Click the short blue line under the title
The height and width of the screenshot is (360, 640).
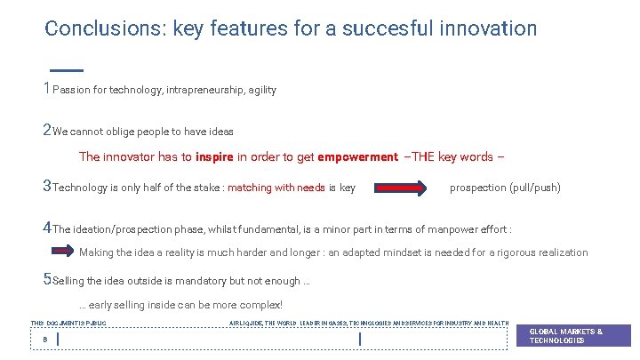[66, 69]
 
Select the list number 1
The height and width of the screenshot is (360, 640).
[47, 89]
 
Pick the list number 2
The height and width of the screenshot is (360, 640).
[47, 131]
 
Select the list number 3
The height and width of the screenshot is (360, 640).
[47, 187]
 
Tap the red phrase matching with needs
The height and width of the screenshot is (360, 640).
[276, 188]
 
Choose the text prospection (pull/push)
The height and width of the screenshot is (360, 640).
[505, 188]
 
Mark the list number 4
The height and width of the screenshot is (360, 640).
[47, 228]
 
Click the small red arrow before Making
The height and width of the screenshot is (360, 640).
[63, 252]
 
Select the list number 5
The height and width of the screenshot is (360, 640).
[47, 281]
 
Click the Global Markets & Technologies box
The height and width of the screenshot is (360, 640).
[573, 335]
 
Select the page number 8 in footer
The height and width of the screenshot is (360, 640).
[44, 339]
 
